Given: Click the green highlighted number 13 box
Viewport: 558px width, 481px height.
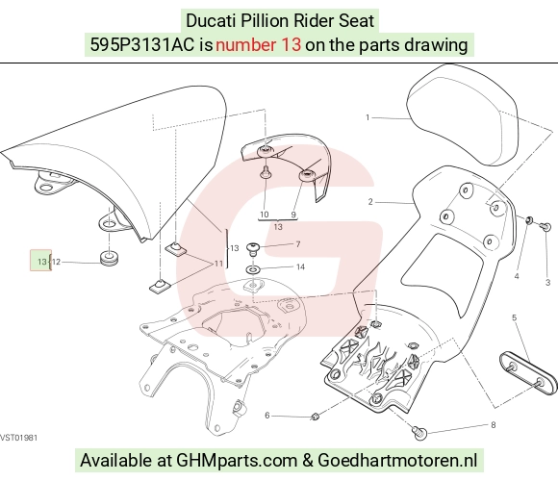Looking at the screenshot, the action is tap(40, 260).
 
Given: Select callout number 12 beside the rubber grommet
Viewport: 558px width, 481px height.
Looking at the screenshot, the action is tap(56, 263).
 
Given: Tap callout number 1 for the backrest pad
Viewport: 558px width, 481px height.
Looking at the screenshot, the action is tap(368, 117).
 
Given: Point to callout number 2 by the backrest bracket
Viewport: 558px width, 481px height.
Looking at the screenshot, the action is tap(370, 202).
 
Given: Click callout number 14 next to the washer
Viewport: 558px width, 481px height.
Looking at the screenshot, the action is tap(300, 266).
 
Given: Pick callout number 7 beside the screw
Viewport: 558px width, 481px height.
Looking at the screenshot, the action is tap(298, 244).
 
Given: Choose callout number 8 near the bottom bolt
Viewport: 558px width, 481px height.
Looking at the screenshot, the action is tap(493, 425).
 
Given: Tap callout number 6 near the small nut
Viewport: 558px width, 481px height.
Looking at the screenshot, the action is tap(267, 416).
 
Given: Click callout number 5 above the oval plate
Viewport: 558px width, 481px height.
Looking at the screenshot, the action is tap(514, 317).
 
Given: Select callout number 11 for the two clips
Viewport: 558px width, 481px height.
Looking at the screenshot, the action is tap(218, 264).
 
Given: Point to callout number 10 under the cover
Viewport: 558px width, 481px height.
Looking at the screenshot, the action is tap(264, 215).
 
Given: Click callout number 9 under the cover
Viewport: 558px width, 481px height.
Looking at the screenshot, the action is tap(293, 215).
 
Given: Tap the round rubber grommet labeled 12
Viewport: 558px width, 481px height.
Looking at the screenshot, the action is tap(109, 258).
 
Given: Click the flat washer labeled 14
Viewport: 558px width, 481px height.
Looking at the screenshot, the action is tap(252, 269).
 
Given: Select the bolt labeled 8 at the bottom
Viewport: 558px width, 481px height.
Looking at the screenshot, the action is tap(419, 433).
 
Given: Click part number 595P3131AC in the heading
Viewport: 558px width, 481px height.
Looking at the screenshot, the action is tap(142, 45).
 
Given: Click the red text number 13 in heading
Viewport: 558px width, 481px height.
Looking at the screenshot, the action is tap(259, 45).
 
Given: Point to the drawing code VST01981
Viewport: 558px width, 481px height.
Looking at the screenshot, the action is tap(18, 438).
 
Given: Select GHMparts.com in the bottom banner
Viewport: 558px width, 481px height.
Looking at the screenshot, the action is tap(237, 460).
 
